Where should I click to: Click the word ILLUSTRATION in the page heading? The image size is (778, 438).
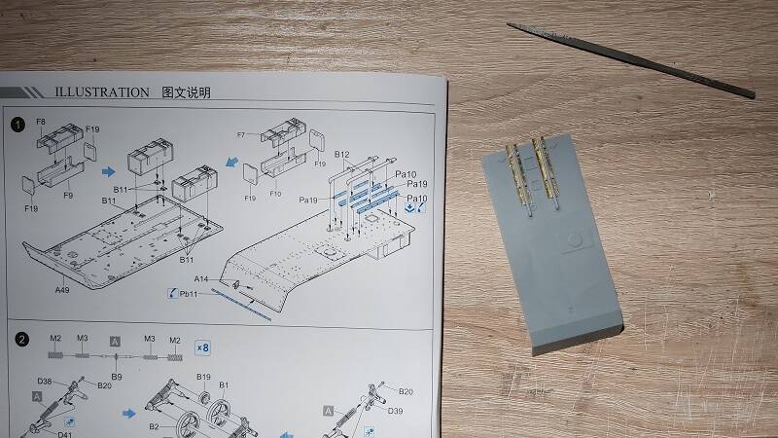(102, 92)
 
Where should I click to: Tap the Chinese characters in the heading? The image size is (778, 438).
(187, 92)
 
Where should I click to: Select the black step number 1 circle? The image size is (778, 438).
(18, 125)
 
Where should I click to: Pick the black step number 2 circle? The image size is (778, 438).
(21, 340)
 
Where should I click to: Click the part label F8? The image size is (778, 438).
(41, 122)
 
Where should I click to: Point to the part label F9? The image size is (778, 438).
(68, 196)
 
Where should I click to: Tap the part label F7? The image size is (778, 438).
(241, 134)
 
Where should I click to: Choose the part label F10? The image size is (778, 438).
(275, 194)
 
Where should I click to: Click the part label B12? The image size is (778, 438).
(342, 155)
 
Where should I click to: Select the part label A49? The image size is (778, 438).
(62, 290)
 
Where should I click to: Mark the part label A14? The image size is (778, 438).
(201, 279)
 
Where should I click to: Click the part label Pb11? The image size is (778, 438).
(189, 294)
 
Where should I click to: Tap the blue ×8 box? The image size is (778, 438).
(202, 347)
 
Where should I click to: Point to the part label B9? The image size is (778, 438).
(117, 377)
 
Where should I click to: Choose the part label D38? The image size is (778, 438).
(45, 382)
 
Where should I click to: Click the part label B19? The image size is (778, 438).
(203, 377)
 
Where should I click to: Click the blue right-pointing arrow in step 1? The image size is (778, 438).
(109, 172)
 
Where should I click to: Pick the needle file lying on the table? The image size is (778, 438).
(631, 59)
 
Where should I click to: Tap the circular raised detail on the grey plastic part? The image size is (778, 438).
(574, 240)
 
